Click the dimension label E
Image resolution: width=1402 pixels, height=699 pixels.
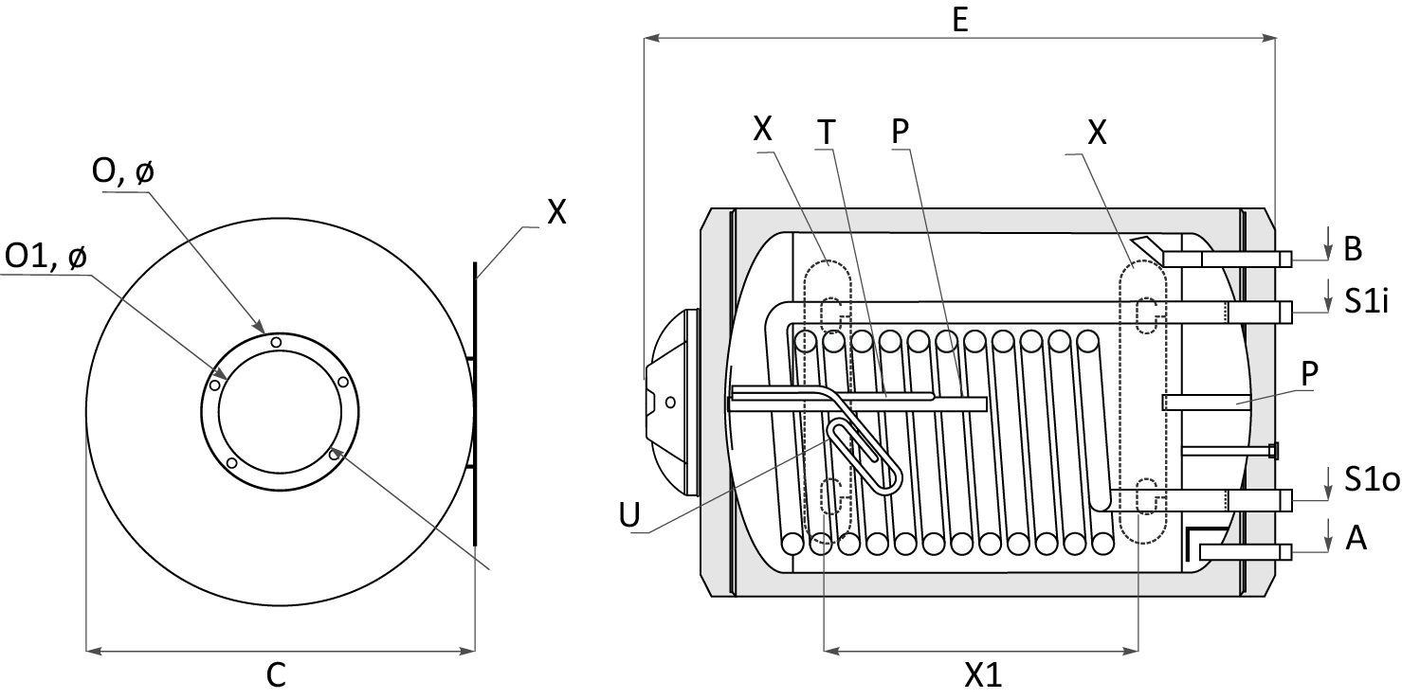coord(960,20)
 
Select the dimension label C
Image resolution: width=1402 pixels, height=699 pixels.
coord(276,675)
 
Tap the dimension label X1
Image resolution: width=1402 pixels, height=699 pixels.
coord(983,675)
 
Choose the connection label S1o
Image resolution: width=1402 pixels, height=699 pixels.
coord(1371,481)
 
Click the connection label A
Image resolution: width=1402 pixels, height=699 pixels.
coord(1356,538)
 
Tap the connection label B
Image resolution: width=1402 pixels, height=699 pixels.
coord(1353,248)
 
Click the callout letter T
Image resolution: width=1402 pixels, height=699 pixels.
coord(827,134)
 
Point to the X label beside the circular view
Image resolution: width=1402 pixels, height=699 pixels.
coord(556,212)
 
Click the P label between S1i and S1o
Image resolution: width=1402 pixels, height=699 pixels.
coord(1309,374)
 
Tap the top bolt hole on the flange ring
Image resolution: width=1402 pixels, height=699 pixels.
coord(276,342)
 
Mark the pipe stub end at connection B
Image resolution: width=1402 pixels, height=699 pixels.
coord(1285,259)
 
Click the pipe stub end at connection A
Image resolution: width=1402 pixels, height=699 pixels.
coord(1285,551)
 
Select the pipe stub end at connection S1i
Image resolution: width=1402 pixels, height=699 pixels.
coord(1285,311)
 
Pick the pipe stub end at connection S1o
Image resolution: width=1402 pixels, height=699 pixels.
coord(1285,498)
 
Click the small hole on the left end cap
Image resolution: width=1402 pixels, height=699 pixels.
coord(670,402)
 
